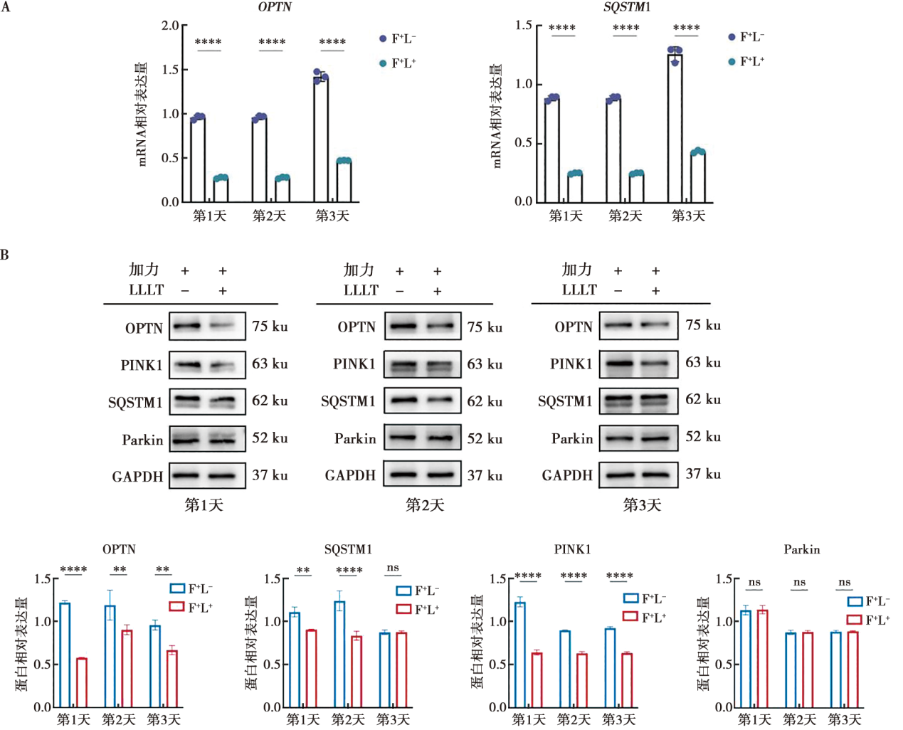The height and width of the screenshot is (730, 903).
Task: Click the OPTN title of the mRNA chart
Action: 274,7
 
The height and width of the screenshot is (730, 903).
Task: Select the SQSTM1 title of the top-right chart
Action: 626,7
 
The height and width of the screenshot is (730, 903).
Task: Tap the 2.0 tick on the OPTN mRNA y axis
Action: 170,26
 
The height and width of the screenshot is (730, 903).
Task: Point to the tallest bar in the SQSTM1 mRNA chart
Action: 675,128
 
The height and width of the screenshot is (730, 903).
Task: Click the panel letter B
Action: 5,255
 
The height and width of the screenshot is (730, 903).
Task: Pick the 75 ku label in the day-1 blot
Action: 270,327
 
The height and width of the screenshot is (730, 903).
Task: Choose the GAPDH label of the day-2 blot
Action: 350,475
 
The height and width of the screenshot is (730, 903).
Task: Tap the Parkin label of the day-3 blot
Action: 571,439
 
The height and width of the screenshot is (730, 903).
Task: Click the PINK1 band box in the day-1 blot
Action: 207,365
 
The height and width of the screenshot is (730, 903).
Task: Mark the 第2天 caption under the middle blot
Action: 425,505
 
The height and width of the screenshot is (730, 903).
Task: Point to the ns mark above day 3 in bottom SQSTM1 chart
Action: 393,568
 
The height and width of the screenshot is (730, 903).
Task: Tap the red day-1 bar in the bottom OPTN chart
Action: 82,682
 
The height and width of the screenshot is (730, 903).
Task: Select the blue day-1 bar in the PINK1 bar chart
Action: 520,655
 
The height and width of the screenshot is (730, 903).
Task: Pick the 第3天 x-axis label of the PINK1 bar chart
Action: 618,719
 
